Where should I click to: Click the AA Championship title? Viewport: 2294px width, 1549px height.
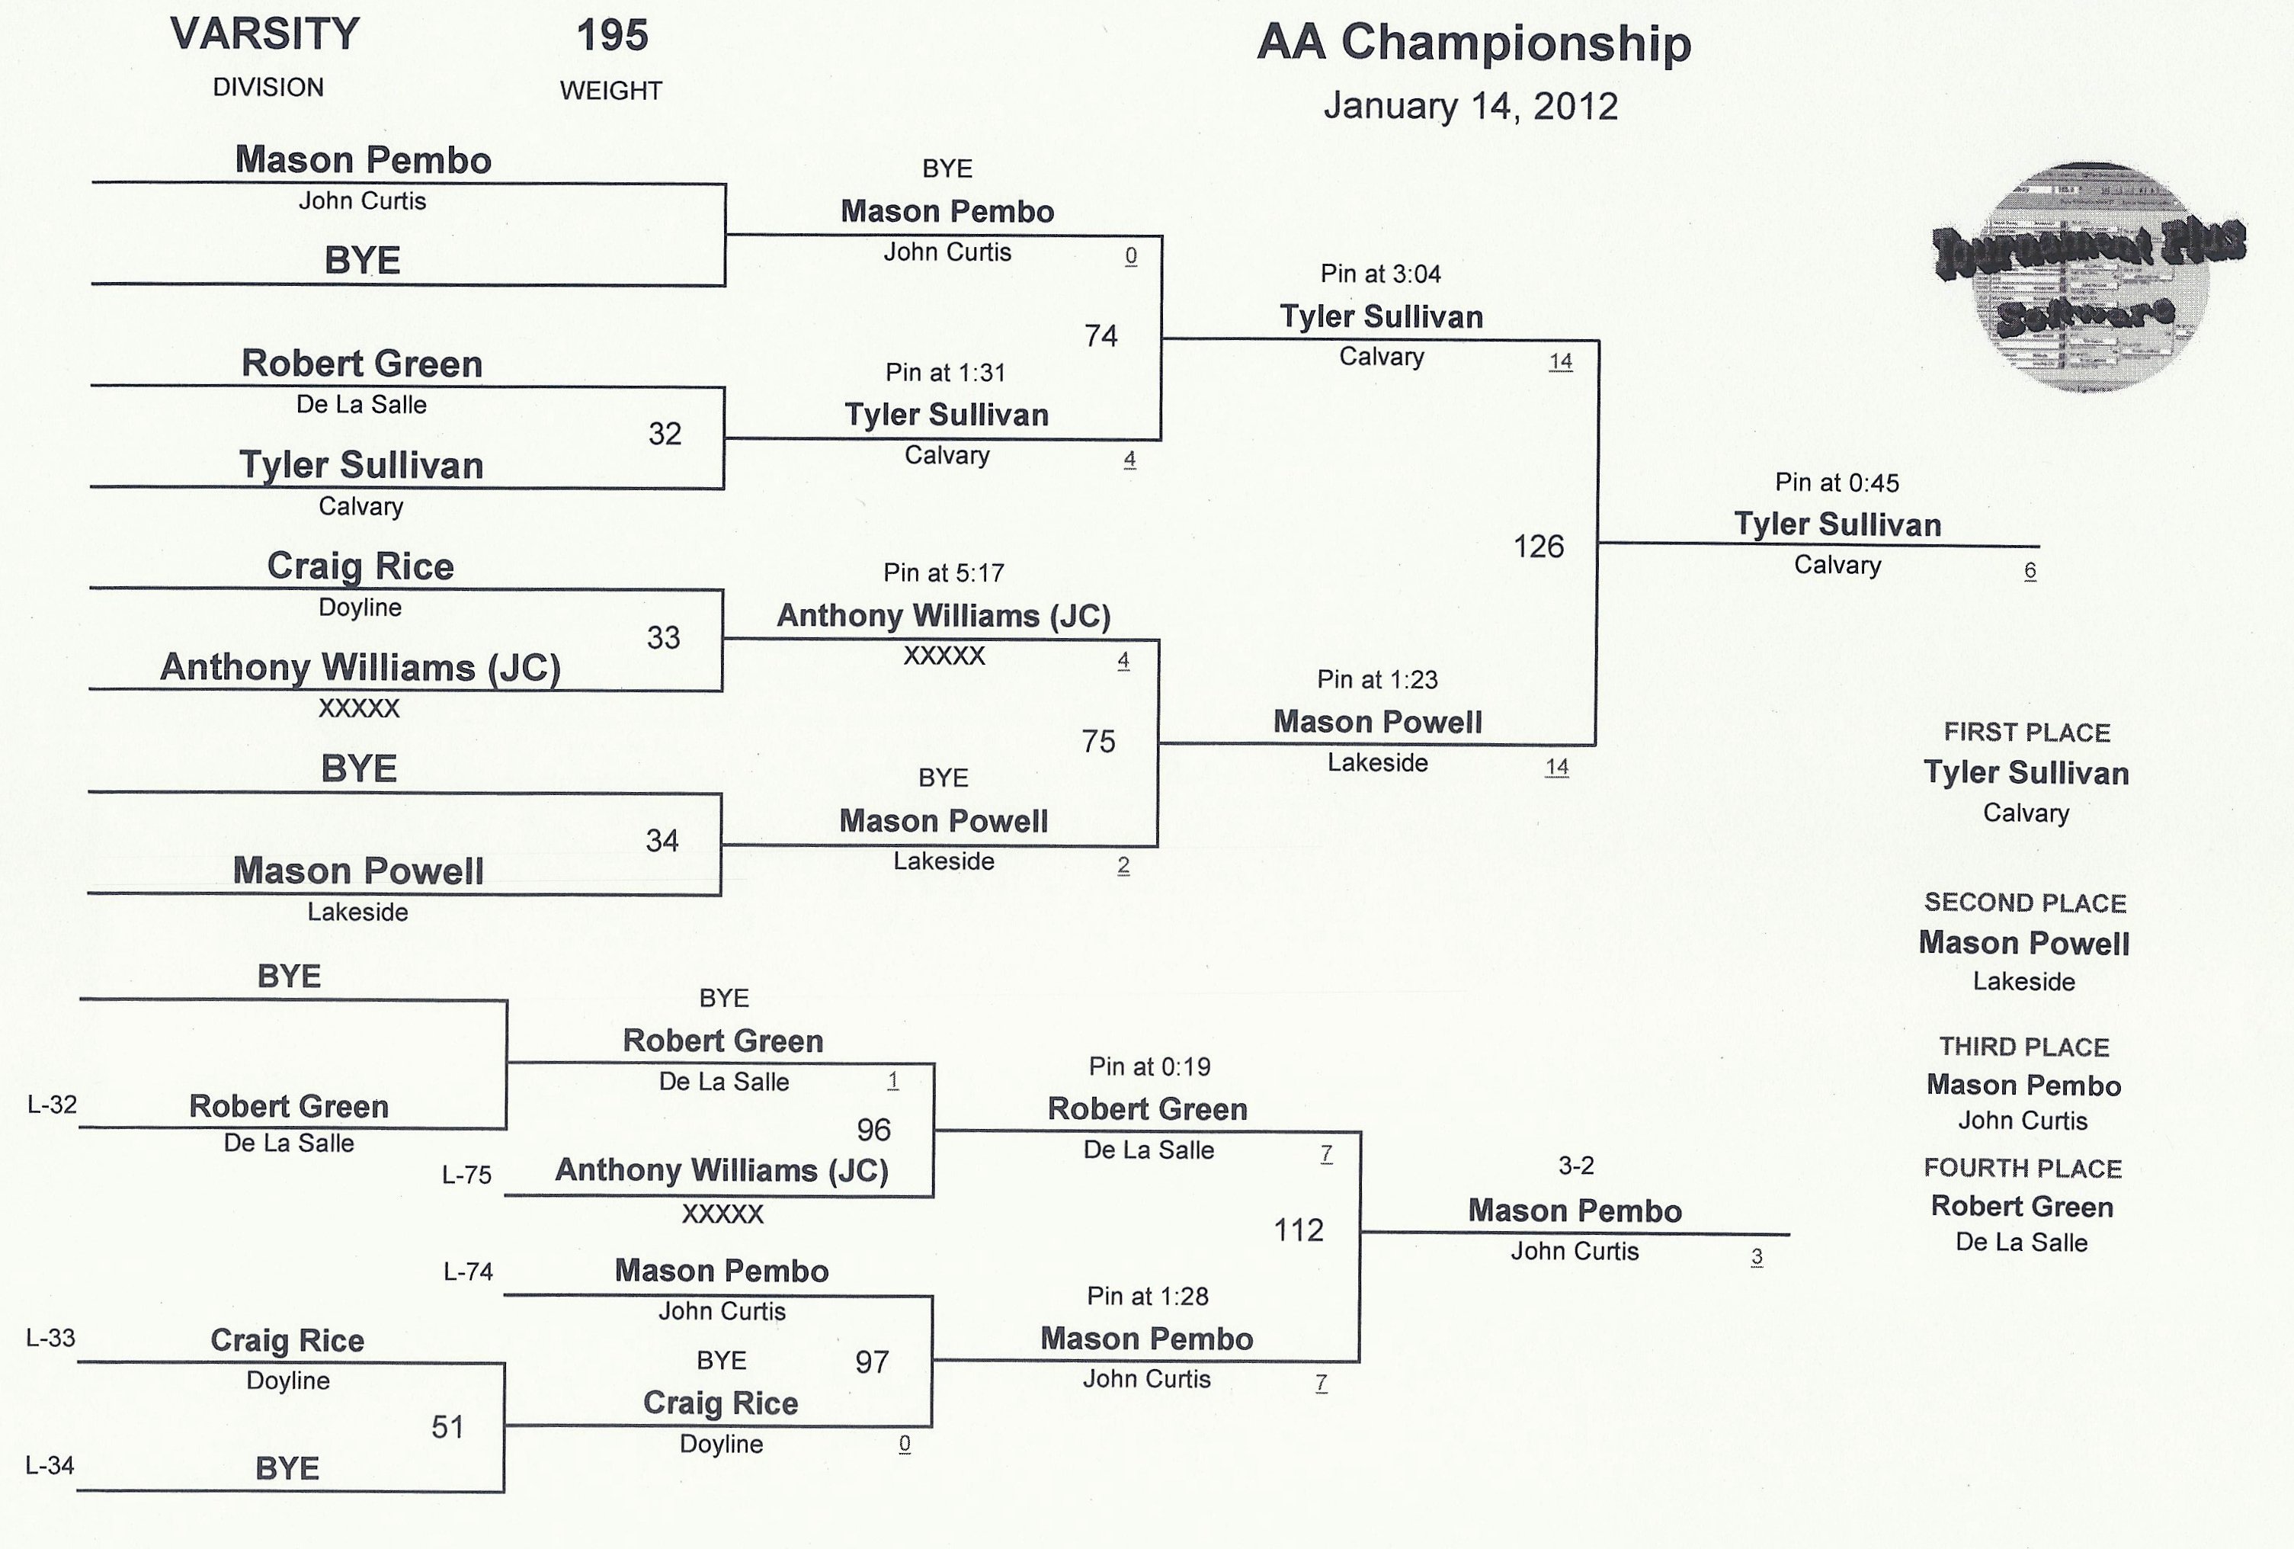coord(1474,44)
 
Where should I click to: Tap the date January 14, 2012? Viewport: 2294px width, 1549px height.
coord(1471,107)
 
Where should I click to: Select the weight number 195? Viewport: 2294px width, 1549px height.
coord(612,36)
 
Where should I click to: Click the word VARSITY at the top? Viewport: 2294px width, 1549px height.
coord(264,34)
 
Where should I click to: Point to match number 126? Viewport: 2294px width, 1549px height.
coord(1539,546)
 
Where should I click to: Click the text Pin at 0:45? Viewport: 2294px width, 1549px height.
coord(1837,483)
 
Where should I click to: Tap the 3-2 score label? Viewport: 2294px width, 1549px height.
coord(1575,1166)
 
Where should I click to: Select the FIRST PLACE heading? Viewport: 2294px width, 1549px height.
coord(2026,733)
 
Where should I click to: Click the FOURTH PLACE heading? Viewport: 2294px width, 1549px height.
coord(2023,1169)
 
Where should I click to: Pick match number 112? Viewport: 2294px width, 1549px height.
coord(1298,1230)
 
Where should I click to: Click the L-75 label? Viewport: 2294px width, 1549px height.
coord(467,1175)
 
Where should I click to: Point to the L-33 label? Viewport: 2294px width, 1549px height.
coord(50,1338)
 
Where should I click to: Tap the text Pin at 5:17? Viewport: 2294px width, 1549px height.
coord(944,573)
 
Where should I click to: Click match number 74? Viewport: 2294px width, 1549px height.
coord(1101,337)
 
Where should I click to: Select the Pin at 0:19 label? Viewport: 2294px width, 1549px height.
coord(1149,1067)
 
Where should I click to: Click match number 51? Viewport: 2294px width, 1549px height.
coord(447,1426)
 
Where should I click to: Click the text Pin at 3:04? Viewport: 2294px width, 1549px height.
coord(1381,274)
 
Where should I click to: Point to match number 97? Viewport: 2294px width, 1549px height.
coord(872,1362)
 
